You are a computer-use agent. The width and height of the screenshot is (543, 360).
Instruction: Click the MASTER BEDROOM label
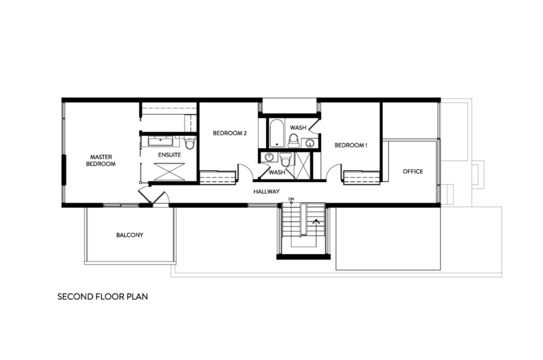pos(100,160)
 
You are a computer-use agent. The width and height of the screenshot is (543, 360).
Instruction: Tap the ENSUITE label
pos(169,155)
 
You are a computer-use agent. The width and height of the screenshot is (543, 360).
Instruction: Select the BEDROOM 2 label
pos(229,133)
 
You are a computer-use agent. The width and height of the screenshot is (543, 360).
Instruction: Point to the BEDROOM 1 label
pos(350,145)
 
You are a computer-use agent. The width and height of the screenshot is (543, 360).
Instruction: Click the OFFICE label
pos(413,171)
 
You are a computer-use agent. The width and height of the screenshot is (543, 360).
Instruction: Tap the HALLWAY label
pos(266,192)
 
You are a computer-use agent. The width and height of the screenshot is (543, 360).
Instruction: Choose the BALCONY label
pos(130,235)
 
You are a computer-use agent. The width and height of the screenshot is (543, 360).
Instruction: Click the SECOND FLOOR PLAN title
pos(102,297)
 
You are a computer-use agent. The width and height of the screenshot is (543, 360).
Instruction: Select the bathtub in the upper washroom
pos(276,133)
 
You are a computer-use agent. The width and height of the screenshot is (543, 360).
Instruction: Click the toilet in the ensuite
pos(189,143)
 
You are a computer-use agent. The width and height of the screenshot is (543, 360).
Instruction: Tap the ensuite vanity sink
pos(161,141)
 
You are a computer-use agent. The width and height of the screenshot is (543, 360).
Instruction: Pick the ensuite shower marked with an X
pos(169,172)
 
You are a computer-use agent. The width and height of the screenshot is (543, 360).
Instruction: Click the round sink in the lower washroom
pos(269,158)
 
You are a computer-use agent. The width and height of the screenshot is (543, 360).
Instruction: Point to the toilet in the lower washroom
pos(285,160)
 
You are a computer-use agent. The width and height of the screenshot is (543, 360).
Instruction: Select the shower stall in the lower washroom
pos(303,165)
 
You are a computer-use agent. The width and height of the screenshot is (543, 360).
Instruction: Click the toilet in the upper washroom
pos(294,141)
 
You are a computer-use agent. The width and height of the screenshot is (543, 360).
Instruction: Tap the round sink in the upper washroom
pos(310,143)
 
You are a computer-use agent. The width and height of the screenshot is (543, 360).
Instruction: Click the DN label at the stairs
pos(291,199)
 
